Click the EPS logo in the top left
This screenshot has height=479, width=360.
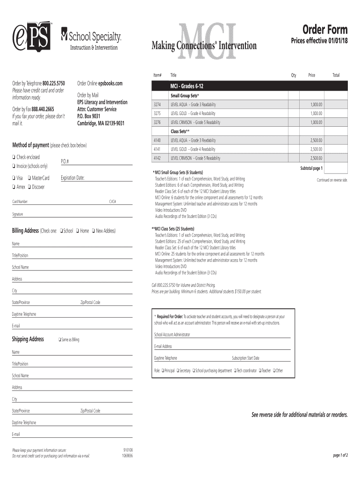click(x=32, y=36)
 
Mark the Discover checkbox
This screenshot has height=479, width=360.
click(x=29, y=187)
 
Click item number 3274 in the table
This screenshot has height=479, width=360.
click(x=157, y=104)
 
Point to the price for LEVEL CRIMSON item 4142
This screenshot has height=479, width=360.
click(x=316, y=158)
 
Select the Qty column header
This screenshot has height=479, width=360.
click(x=294, y=75)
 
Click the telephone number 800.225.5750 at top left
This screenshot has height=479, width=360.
click(x=53, y=83)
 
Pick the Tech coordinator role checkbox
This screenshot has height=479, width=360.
click(x=235, y=370)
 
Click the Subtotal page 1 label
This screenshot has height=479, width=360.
click(x=311, y=168)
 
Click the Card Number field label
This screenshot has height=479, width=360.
click(x=20, y=202)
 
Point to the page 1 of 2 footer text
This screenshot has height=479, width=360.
click(x=340, y=455)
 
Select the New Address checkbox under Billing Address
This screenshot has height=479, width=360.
click(x=94, y=231)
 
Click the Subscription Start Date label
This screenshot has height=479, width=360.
click(x=245, y=358)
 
